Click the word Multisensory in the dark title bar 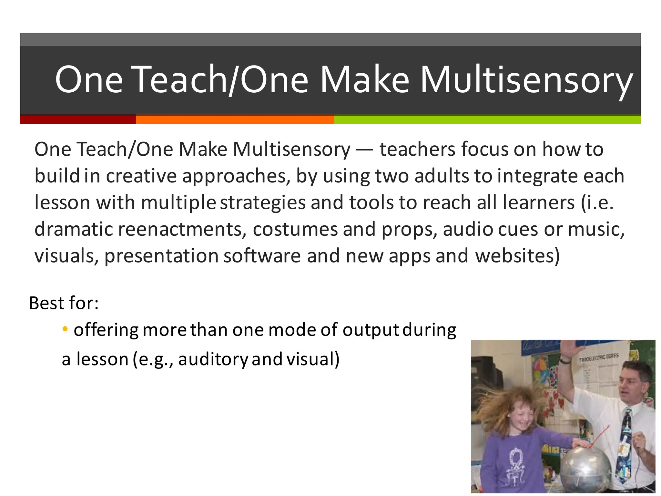[x=526, y=80]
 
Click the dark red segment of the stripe [x=78, y=119]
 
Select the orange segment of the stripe [x=235, y=119]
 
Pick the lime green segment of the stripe [x=487, y=119]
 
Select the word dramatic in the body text [x=73, y=229]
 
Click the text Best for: [x=64, y=303]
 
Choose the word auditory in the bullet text [x=213, y=359]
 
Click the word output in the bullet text [x=371, y=330]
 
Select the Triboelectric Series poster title [x=599, y=357]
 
